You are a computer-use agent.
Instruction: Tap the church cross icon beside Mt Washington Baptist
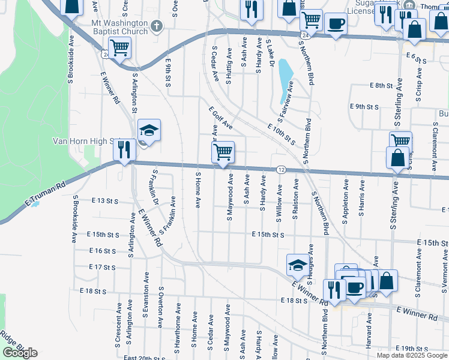coord(157,26)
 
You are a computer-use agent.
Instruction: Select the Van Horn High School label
coord(84,141)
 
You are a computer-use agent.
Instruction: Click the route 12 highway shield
coord(281,170)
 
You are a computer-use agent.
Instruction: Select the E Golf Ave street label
coord(220,118)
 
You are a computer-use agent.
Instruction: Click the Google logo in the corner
coord(20,353)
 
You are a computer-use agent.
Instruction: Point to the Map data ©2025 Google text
coord(412,355)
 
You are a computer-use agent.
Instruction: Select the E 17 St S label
coord(101,266)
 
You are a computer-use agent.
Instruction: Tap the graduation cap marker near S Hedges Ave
coord(297,264)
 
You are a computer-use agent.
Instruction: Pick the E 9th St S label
coord(364,106)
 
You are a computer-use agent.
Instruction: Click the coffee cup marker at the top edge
coord(336,24)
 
